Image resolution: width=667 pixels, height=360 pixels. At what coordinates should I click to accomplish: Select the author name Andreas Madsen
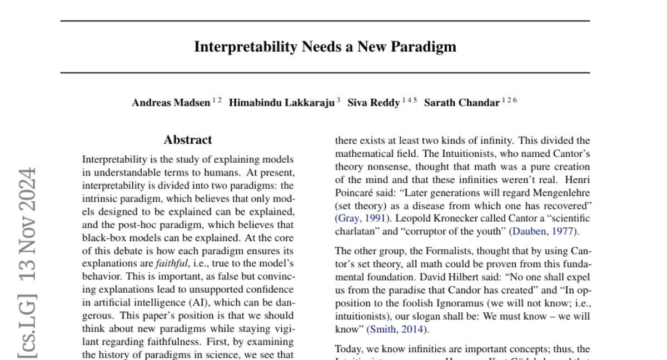[x=171, y=103]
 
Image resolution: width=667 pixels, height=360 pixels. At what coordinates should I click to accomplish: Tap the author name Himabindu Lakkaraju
[x=282, y=103]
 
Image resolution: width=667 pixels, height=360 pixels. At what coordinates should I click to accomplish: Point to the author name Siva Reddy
[x=373, y=103]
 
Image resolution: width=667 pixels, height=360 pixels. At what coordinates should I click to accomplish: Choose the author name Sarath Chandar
[x=461, y=103]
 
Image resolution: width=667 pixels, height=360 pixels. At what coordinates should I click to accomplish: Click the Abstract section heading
[x=188, y=140]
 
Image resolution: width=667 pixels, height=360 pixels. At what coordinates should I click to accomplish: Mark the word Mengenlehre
[x=561, y=192]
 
